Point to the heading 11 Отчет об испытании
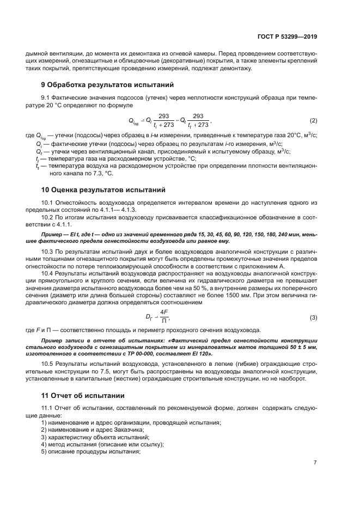click(83, 395)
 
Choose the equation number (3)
click(313, 317)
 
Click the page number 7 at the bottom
click(315, 463)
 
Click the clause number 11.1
click(48, 408)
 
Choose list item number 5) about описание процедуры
click(44, 451)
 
